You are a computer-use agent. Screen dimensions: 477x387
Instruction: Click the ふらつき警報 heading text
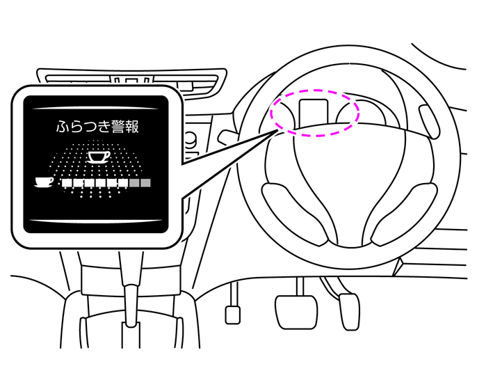coord(97,127)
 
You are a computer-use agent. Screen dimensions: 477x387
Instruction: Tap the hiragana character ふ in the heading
coord(63,127)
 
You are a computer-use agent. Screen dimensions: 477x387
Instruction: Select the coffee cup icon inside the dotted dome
coord(99,157)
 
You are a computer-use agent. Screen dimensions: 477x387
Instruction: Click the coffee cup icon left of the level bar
coord(44,182)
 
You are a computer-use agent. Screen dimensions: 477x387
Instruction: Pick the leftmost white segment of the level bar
coord(66,182)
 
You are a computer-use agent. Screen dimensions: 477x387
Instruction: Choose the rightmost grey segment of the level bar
coord(146,182)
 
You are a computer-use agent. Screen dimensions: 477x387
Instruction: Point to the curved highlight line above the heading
coord(95,108)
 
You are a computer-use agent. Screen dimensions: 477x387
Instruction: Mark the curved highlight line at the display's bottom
coord(95,221)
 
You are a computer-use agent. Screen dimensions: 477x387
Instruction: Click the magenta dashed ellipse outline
coord(315,90)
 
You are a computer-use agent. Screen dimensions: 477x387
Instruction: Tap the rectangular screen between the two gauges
coord(314,113)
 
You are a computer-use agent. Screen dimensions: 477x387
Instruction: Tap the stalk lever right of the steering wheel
coord(429,121)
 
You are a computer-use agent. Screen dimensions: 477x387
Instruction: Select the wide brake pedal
coord(296,312)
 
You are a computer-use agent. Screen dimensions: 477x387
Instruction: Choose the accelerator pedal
coord(349,312)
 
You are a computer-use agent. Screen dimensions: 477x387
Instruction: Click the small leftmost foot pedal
coord(233,315)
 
